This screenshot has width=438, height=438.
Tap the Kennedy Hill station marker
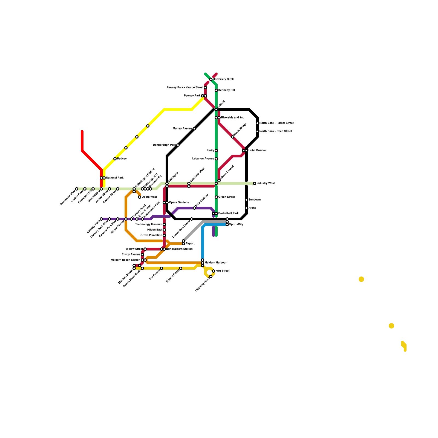pyautogui.click(x=216, y=90)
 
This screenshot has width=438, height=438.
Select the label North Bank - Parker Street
pyautogui.click(x=276, y=123)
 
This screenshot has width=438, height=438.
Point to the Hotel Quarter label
pyautogui.click(x=257, y=151)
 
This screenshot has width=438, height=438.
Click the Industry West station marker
pyautogui.click(x=255, y=183)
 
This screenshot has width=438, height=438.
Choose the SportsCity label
pyautogui.click(x=236, y=224)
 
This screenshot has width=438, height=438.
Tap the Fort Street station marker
pyautogui.click(x=214, y=271)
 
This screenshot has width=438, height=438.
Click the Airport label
pyautogui.click(x=190, y=244)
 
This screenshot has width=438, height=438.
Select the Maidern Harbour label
pyautogui.click(x=215, y=263)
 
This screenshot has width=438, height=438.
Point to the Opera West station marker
pyautogui.click(x=140, y=197)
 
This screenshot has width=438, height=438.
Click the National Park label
pyautogui.click(x=115, y=178)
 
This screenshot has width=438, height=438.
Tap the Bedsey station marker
pyautogui.click(x=115, y=159)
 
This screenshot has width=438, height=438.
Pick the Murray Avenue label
pyautogui.click(x=183, y=129)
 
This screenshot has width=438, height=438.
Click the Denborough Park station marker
pyautogui.click(x=178, y=145)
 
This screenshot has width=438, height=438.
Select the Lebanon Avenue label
pyautogui.click(x=203, y=159)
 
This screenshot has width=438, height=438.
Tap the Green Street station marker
pyautogui.click(x=216, y=197)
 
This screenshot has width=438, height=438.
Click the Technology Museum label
pyautogui.click(x=149, y=224)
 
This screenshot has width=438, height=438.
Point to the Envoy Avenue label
pyautogui.click(x=131, y=255)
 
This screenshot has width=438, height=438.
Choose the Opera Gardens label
pyautogui.click(x=179, y=203)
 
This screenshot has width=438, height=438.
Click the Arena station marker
pyautogui.click(x=246, y=208)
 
